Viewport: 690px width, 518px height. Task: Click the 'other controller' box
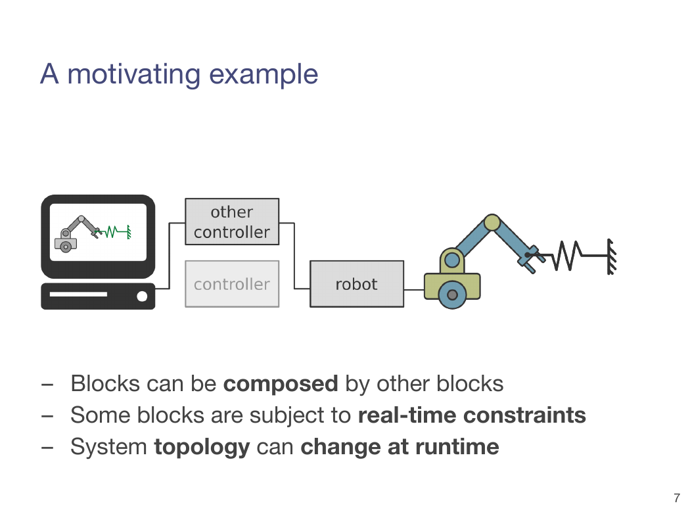pyautogui.click(x=232, y=222)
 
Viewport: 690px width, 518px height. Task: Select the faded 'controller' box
pyautogui.click(x=232, y=284)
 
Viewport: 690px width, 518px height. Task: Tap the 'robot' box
pyautogui.click(x=357, y=284)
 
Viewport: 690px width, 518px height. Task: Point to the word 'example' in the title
pyautogui.click(x=264, y=75)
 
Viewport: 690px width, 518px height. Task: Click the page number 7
pyautogui.click(x=677, y=498)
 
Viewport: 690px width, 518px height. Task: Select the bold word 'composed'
pyautogui.click(x=281, y=384)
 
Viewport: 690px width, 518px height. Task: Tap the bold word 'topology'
pyautogui.click(x=202, y=448)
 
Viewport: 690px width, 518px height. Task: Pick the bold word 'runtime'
pyautogui.click(x=457, y=447)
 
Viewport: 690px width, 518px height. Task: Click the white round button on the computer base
pyautogui.click(x=142, y=296)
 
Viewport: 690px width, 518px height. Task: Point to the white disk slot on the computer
pyautogui.click(x=78, y=294)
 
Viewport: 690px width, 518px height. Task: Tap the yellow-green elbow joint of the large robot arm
pyautogui.click(x=492, y=223)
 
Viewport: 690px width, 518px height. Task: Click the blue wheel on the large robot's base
pyautogui.click(x=452, y=295)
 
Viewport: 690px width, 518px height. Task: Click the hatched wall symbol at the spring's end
pyautogui.click(x=612, y=256)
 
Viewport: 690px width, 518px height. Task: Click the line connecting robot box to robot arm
pyautogui.click(x=414, y=290)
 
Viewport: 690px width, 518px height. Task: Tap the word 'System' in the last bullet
pyautogui.click(x=108, y=448)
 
